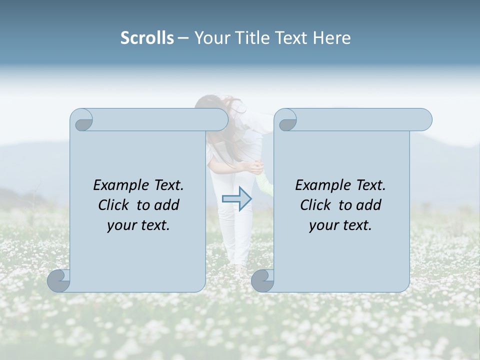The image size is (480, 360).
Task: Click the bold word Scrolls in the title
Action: [147, 38]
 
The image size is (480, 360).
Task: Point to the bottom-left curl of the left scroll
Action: [59, 281]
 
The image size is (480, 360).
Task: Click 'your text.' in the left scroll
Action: [138, 225]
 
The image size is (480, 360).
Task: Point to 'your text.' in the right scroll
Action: [340, 225]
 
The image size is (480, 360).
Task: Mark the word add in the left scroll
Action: [167, 205]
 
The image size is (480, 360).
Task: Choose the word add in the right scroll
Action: [369, 205]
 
